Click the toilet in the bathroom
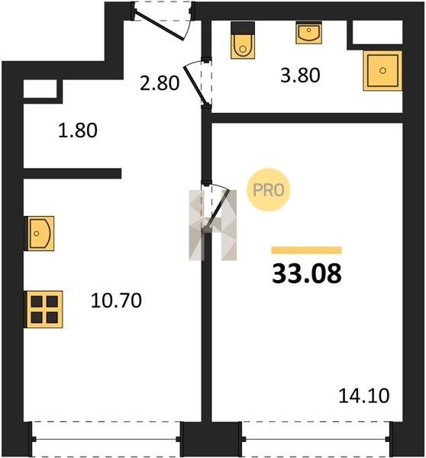[243, 40]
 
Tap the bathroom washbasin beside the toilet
[308, 33]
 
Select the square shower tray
[382, 70]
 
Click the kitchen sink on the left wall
[39, 234]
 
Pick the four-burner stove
[44, 309]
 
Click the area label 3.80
[300, 75]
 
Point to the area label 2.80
[160, 82]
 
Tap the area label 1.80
[78, 131]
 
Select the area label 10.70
[116, 300]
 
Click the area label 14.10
[364, 395]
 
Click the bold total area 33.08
[307, 273]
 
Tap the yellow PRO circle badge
[269, 190]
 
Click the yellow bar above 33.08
[306, 250]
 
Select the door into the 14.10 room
[215, 208]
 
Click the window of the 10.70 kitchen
[105, 439]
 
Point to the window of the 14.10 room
[317, 439]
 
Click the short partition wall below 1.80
[73, 173]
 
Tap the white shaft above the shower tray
[377, 32]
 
